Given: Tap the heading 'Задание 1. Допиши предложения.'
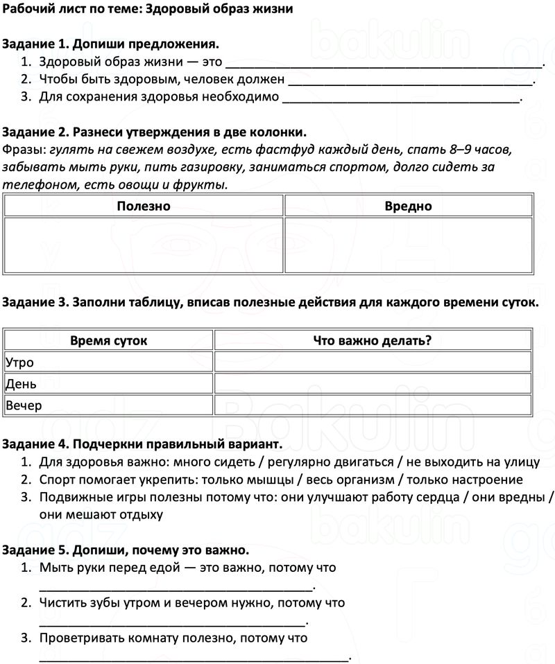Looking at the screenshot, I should [x=111, y=44].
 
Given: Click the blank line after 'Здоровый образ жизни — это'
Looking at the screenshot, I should [x=385, y=64].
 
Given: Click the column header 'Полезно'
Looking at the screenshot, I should [x=144, y=206].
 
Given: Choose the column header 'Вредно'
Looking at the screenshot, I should [x=409, y=206].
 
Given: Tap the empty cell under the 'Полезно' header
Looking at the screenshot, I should [x=144, y=245].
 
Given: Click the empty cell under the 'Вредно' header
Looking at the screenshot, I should [x=409, y=245].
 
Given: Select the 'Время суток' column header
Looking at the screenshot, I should [x=109, y=340].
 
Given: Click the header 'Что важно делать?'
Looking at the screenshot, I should [x=373, y=340].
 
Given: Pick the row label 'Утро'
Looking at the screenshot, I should [x=19, y=362].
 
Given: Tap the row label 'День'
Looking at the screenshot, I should [x=21, y=383].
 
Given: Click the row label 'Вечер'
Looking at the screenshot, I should [x=24, y=405].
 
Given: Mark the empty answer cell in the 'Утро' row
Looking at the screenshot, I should [x=373, y=362].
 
